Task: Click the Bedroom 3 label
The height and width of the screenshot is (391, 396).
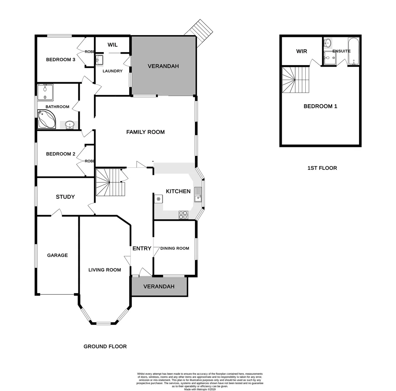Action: [61, 59]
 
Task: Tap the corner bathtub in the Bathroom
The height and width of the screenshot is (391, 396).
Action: [46, 120]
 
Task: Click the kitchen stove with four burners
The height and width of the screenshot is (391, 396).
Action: [183, 215]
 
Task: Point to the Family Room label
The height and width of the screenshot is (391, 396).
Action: [145, 132]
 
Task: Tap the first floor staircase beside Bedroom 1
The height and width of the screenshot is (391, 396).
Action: [296, 80]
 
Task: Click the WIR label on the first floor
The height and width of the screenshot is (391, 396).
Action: [302, 51]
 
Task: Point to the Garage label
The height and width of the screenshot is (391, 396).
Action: [57, 255]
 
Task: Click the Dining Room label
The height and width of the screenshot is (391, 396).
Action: [175, 248]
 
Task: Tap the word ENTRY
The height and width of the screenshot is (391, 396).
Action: [142, 248]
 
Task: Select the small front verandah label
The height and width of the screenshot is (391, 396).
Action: [159, 286]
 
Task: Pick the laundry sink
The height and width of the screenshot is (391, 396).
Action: [100, 60]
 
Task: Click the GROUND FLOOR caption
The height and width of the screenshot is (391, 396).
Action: [105, 346]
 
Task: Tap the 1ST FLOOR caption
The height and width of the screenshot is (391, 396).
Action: [322, 168]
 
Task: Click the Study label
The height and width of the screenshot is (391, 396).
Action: [65, 197]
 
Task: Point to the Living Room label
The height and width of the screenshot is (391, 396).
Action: [104, 270]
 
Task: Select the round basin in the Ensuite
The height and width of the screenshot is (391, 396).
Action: [327, 43]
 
